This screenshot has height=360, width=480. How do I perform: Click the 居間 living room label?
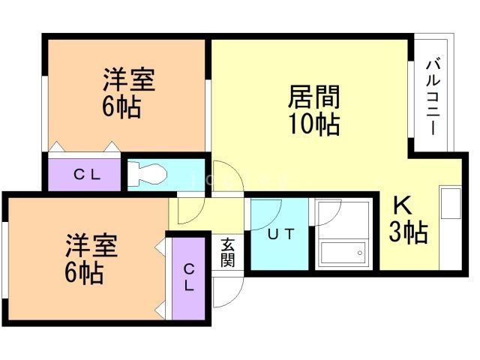click(314, 97)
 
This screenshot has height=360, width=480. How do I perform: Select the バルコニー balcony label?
click(433, 97)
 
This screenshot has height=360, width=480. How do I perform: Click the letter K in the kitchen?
click(401, 205)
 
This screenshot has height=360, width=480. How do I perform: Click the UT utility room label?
click(280, 233)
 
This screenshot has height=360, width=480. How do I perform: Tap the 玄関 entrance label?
click(227, 253)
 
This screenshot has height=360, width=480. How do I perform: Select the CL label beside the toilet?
click(86, 175)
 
